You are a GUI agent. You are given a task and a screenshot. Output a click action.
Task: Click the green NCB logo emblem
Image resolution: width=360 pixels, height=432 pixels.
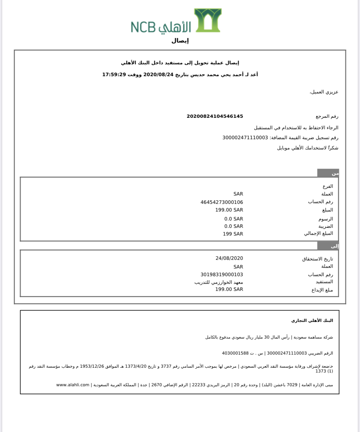coord(208,20)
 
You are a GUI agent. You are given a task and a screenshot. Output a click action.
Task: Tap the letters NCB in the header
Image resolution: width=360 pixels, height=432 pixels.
coord(143,27)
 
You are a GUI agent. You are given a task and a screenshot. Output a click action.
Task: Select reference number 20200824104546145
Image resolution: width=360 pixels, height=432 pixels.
coord(215,116)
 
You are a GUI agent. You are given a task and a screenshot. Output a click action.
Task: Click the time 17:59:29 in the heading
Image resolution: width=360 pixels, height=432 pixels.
coord(114,75)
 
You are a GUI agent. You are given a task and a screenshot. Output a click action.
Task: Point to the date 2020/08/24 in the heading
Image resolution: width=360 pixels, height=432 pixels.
coord(158,75)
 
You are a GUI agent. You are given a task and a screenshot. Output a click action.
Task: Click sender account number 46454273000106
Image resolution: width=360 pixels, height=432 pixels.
coord(221,202)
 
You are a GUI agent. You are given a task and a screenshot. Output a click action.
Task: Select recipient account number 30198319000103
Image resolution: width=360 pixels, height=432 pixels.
coord(221,275)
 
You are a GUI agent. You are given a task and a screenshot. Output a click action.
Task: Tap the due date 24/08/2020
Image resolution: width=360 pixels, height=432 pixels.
coord(229,258)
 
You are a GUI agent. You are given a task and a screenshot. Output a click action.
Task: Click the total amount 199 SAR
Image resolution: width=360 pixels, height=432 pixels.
coord(233,234)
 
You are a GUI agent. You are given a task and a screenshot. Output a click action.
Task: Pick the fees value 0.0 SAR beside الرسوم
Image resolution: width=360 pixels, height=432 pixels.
coord(234,219)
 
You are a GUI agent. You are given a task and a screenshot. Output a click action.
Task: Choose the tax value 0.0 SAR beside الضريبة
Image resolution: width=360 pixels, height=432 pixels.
coord(234,226)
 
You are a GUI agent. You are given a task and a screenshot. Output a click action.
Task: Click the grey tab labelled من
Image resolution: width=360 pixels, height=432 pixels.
coord(328,173)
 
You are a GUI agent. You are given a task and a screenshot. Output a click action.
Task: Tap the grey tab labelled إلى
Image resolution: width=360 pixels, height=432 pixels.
coord(328,246)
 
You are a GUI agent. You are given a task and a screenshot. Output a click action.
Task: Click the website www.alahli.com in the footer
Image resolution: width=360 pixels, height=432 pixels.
coord(73,385)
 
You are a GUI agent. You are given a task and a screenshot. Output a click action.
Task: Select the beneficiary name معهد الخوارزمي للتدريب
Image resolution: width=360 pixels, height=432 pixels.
coord(219,282)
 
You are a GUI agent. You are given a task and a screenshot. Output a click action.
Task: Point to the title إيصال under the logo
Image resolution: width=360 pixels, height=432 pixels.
coord(180,41)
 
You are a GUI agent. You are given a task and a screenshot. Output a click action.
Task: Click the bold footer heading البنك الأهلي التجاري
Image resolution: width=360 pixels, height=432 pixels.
coord(312,320)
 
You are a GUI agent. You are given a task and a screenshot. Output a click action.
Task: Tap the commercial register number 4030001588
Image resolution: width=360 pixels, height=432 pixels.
coord(235,353)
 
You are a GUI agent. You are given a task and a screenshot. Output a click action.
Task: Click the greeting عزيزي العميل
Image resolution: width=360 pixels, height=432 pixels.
coord(324,92)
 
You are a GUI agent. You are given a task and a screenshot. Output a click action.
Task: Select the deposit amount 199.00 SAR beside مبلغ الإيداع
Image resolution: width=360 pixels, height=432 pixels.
coord(229,289)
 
